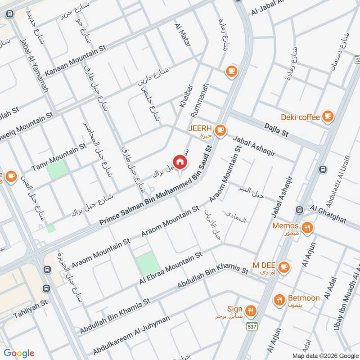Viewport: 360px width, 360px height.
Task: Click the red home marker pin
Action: click(180, 162)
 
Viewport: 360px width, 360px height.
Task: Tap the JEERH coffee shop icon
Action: click(220, 130)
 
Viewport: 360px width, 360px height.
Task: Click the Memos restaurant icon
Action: click(308, 227)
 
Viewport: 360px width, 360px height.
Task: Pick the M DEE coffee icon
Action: click(283, 267)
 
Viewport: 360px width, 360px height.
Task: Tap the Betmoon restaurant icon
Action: click(280, 299)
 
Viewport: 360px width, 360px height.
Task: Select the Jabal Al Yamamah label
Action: click(34, 66)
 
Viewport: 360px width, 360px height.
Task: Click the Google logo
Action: click(19, 353)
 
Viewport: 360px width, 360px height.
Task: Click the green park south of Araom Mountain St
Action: click(148, 264)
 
